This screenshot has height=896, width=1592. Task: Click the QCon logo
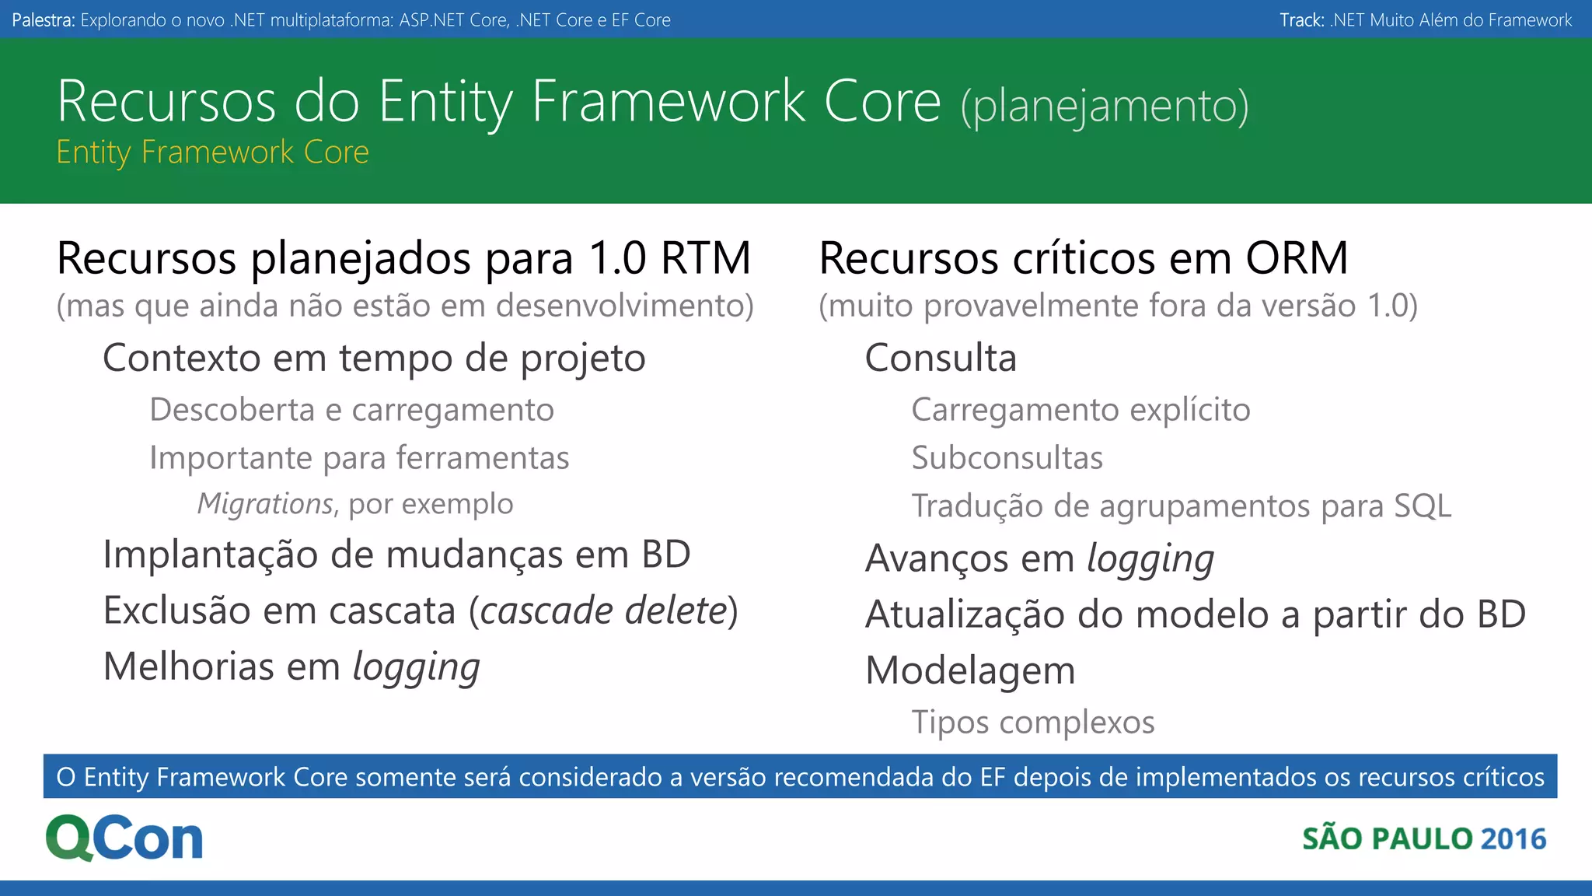click(124, 838)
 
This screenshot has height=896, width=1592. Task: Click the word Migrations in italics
click(265, 504)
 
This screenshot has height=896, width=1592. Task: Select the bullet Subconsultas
click(1007, 458)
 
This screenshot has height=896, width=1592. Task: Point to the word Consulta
click(941, 359)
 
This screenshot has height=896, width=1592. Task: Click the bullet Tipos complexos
click(1032, 723)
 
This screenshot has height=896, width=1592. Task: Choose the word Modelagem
click(970, 670)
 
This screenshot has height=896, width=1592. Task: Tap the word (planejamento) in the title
click(1105, 107)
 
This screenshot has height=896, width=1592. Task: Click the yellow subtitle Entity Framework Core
click(212, 152)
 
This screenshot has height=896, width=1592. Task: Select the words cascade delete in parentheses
click(603, 611)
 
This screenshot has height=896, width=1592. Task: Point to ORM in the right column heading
click(1297, 258)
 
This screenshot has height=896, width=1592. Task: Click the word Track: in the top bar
click(1301, 20)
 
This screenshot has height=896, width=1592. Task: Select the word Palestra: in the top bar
click(44, 20)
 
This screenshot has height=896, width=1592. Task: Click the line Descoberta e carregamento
click(351, 410)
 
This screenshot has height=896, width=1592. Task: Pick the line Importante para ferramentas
click(359, 458)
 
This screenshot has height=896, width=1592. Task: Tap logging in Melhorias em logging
click(416, 668)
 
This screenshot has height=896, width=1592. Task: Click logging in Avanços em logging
click(1150, 560)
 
